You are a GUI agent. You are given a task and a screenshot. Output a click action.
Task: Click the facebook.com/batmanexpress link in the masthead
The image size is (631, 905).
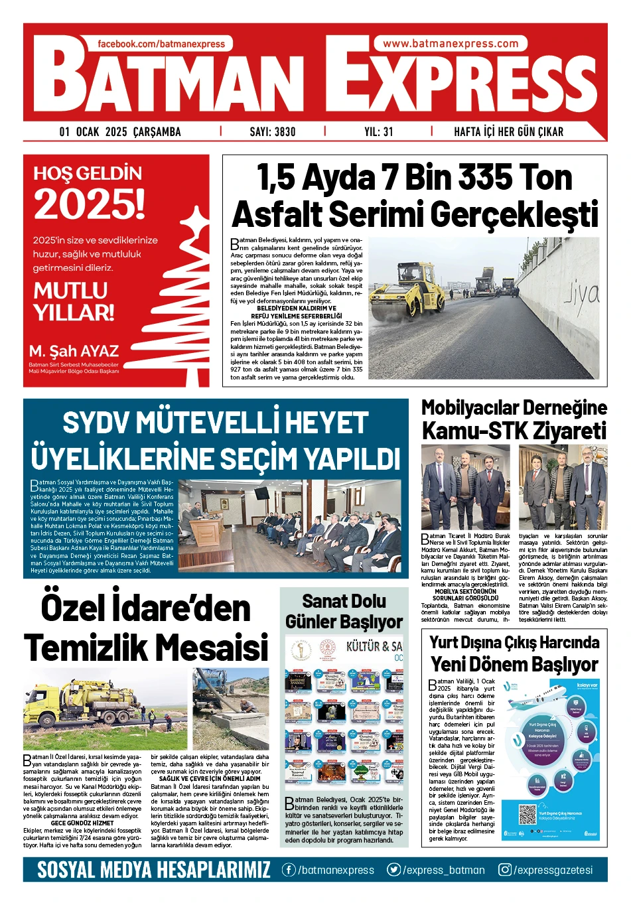(161, 44)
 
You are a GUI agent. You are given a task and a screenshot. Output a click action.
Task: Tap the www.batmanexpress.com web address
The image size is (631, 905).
(451, 44)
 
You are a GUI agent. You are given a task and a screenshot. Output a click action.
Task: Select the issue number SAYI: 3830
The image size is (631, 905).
(273, 131)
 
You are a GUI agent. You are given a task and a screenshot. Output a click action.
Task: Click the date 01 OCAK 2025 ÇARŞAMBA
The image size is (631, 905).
(120, 131)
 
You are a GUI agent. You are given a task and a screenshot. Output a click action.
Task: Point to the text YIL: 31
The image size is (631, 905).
(379, 131)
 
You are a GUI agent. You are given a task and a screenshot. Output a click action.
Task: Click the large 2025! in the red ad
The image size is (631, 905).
(89, 204)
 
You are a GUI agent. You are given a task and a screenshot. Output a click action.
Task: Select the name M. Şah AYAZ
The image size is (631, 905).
(74, 351)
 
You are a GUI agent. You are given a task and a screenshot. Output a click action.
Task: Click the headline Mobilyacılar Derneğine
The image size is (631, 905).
(514, 407)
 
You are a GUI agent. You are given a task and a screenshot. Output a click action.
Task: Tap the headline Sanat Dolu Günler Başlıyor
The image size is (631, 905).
(344, 611)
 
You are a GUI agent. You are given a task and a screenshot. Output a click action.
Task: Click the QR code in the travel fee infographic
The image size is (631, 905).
(527, 814)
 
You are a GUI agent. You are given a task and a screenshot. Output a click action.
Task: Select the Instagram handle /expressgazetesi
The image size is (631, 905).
(546, 870)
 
